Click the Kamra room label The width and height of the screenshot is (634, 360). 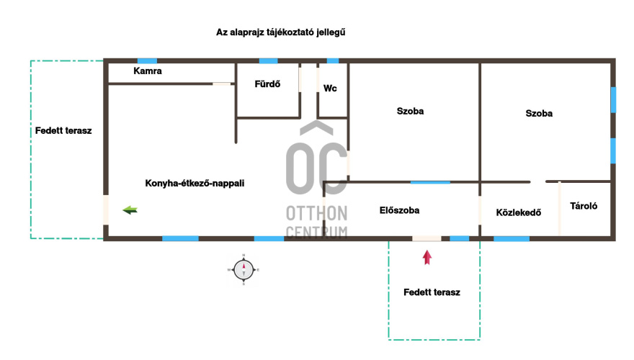[148, 71]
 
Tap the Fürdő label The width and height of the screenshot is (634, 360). [267, 84]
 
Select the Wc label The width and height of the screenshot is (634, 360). [330, 89]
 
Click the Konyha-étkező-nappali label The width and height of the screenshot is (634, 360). [195, 184]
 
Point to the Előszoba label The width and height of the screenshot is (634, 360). [399, 210]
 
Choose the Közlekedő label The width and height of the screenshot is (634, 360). [518, 212]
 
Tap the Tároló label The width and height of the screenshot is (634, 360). [584, 206]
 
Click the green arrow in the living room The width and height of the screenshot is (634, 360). [130, 210]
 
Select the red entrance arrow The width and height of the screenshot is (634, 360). [427, 257]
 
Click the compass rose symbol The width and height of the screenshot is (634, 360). [244, 270]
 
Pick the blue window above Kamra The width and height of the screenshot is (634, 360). [147, 61]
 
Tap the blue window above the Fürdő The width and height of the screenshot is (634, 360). [268, 61]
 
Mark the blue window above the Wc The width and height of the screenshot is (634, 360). [333, 61]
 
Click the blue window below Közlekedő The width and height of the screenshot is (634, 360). [512, 239]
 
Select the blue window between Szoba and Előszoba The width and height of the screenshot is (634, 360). [430, 183]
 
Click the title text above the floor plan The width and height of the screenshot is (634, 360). [280, 32]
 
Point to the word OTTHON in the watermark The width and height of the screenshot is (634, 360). [316, 213]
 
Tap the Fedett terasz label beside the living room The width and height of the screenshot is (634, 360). [63, 131]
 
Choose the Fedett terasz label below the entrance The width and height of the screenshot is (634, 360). [432, 292]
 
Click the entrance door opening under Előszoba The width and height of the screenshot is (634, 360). [427, 239]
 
